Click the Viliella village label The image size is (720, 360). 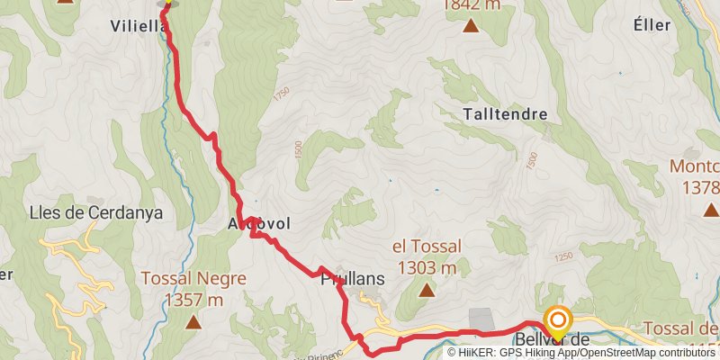pos(138,25)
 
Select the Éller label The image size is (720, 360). pos(652,25)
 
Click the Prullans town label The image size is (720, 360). pos(353,280)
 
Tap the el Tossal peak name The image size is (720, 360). pos(427,246)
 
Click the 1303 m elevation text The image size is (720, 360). pos(427,267)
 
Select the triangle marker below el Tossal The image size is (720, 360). pos(427,290)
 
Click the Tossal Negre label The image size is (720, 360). pos(193,279)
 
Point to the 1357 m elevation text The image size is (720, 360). pos(193,300)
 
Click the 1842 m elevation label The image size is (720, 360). pos(471,5)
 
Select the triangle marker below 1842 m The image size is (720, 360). pos(471,25)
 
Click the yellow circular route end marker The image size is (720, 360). pos(558,320)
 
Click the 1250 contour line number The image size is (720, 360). pos(564,257)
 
